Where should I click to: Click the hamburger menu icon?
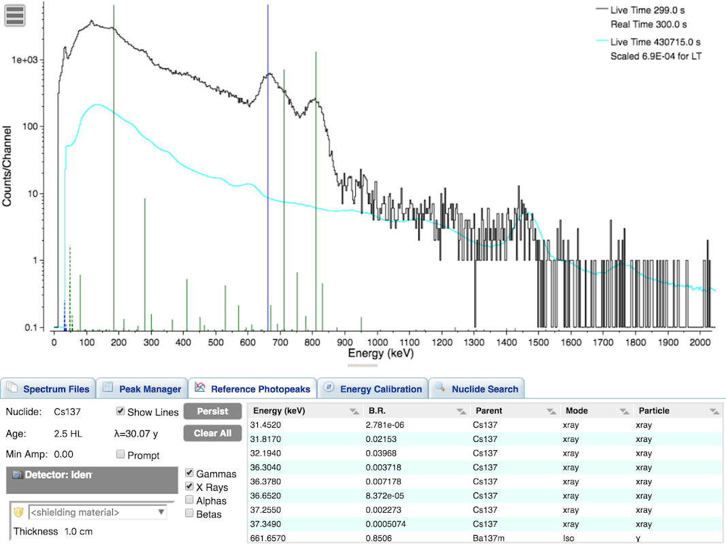pyautogui.click(x=15, y=15)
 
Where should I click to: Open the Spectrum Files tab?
pyautogui.click(x=48, y=389)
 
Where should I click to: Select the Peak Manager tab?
pyautogui.click(x=142, y=389)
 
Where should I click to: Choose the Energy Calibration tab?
pyautogui.click(x=373, y=389)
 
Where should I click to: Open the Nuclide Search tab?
pyautogui.click(x=477, y=389)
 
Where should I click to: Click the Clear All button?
pyautogui.click(x=212, y=433)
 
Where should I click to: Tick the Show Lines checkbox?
pyautogui.click(x=120, y=411)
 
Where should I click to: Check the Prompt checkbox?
pyautogui.click(x=120, y=454)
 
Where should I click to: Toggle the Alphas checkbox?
pyautogui.click(x=190, y=500)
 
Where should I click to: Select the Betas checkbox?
pyautogui.click(x=190, y=514)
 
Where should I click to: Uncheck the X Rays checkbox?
pyautogui.click(x=190, y=487)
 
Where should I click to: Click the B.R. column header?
pyautogui.click(x=377, y=411)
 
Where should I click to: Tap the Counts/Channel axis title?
pyautogui.click(x=7, y=166)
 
